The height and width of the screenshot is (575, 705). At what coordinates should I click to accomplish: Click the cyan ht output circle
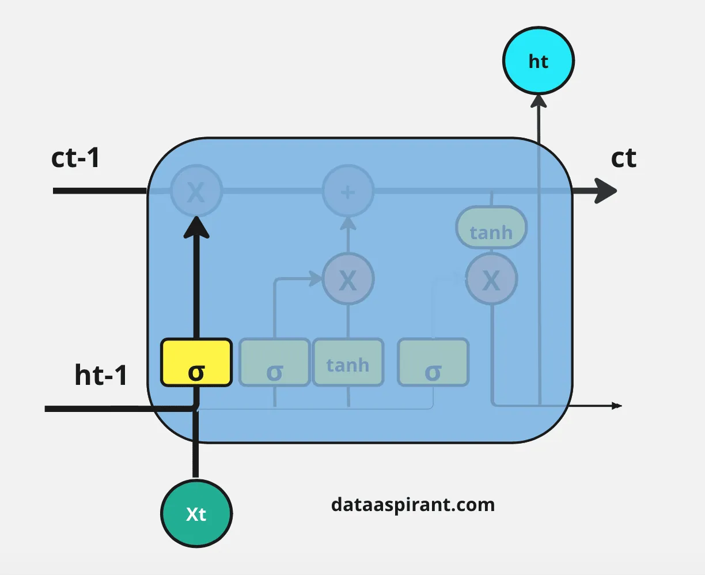538,60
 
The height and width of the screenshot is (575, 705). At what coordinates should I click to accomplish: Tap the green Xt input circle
196,513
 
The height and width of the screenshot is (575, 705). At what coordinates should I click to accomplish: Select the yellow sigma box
196,362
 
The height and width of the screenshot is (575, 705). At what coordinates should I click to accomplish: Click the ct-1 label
75,158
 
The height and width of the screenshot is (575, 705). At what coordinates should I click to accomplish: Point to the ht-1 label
101,375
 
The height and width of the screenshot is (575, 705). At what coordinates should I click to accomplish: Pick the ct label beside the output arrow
624,158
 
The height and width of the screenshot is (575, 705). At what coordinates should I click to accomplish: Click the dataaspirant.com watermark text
413,505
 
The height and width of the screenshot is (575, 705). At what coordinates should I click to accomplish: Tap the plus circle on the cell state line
347,191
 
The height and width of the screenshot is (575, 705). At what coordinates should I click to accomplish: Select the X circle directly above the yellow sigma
196,191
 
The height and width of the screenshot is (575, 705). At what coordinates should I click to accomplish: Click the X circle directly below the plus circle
348,280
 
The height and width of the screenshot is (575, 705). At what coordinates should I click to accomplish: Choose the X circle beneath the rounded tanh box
491,280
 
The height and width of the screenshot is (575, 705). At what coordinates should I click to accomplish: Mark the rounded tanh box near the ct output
491,228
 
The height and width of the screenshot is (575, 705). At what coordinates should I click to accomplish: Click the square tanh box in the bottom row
348,362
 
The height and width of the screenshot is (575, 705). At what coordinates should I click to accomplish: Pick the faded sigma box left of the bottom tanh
275,362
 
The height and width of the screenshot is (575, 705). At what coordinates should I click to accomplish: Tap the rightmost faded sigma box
433,362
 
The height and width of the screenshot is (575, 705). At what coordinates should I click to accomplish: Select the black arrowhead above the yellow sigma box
196,227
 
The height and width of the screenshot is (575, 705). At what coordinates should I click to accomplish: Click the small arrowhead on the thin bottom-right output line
617,406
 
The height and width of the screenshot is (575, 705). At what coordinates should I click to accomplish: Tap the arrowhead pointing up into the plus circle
348,222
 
